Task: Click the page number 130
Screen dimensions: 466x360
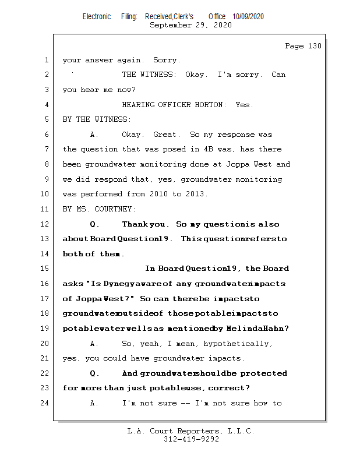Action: [x=314, y=46]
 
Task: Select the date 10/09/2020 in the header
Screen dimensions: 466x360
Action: [x=248, y=17]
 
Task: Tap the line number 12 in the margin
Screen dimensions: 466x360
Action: [x=46, y=224]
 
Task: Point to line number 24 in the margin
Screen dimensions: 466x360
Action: [x=46, y=403]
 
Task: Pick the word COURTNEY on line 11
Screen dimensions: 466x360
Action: [x=115, y=209]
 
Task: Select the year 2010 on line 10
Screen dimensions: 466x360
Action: [x=158, y=194]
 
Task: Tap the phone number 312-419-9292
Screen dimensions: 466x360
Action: [x=191, y=440]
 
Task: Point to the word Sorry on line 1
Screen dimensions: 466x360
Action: [x=167, y=60]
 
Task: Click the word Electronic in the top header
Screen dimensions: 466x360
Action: [x=97, y=17]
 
